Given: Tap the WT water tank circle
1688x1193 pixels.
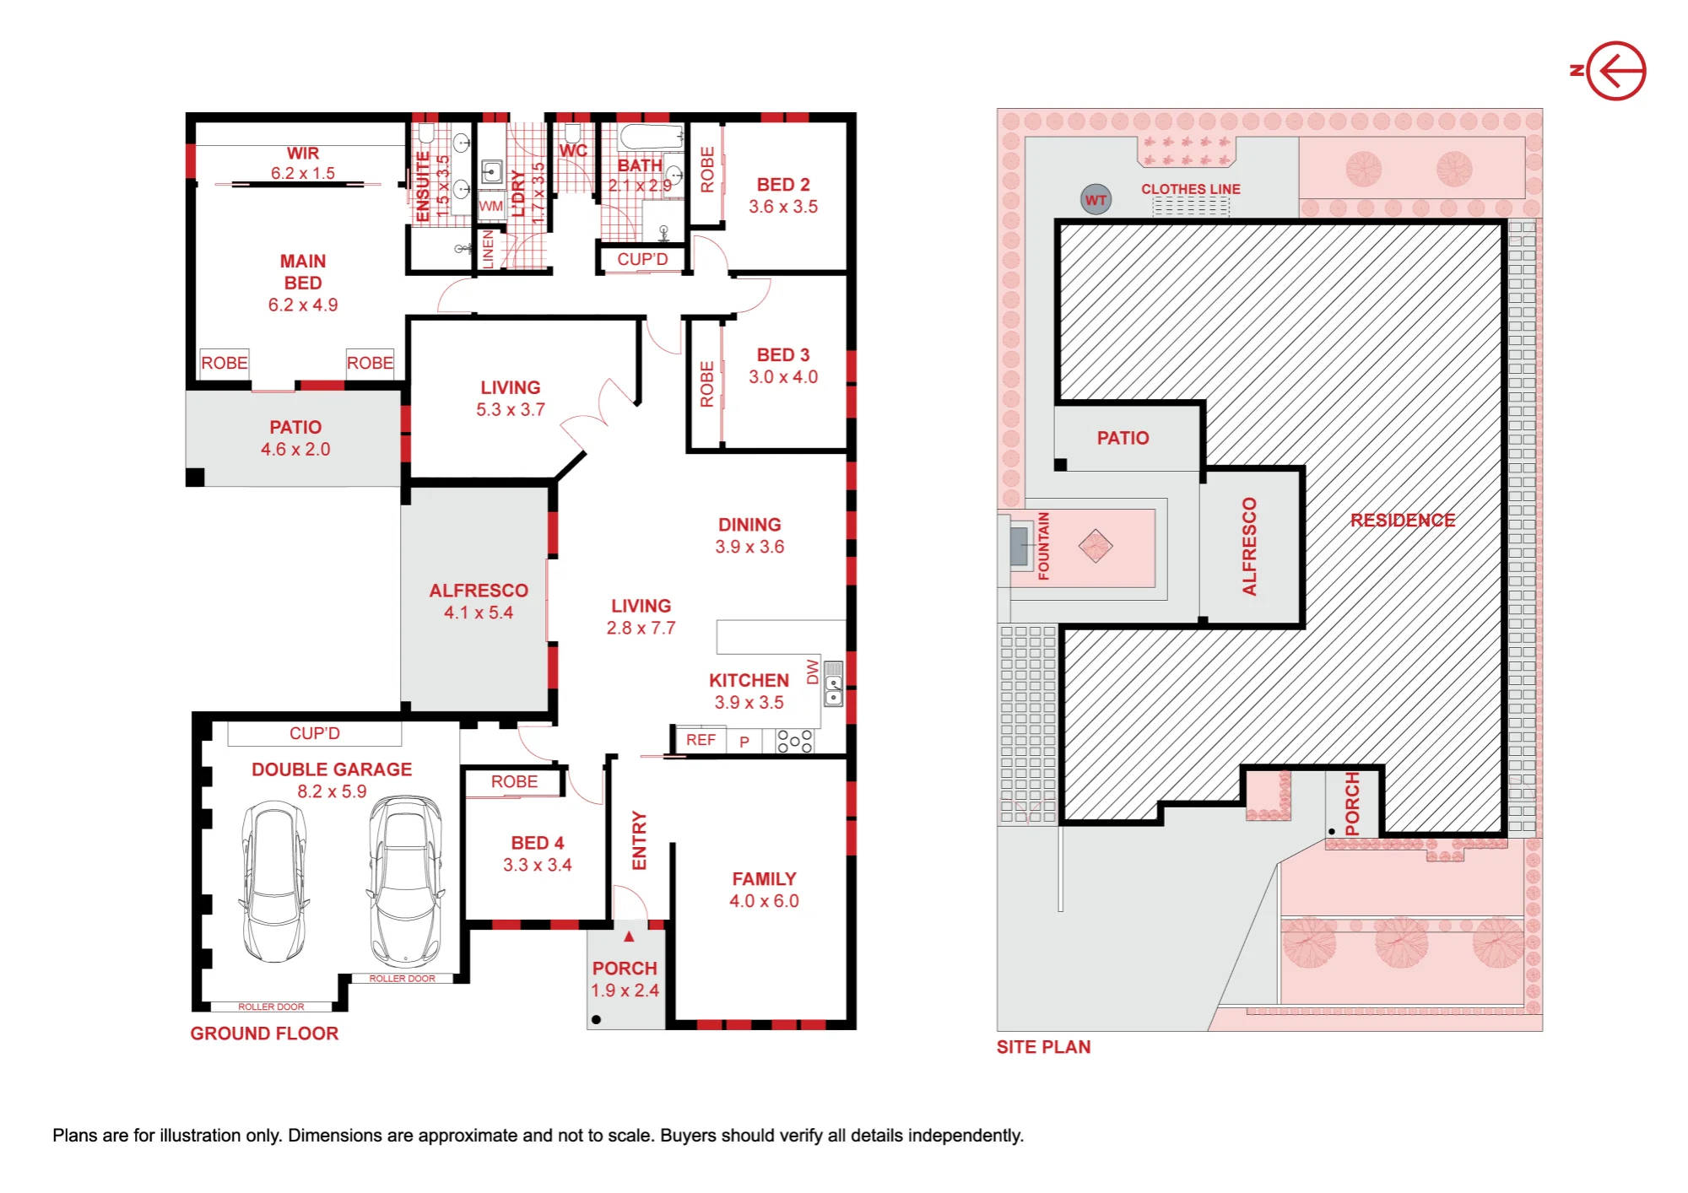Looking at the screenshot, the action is coord(1096,200).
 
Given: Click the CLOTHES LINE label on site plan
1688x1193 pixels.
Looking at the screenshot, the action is coord(1191,189).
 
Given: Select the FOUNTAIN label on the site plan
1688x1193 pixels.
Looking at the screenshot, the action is coord(1044,546).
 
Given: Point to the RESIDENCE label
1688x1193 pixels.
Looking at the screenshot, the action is coord(1403,520).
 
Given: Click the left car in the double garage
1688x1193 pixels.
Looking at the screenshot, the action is coord(273,882).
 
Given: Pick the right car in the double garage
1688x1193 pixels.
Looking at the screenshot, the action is coord(406,881).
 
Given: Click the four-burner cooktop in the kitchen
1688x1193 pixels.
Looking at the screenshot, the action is coord(795,741).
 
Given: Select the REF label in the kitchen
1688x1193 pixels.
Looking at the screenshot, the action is coord(701,740).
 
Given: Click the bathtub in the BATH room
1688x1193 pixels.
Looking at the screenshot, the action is coord(652,137).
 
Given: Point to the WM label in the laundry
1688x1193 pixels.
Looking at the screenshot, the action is coord(490,206).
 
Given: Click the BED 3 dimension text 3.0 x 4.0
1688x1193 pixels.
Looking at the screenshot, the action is coord(783,377).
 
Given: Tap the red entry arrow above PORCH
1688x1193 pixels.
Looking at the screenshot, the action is coord(629,937).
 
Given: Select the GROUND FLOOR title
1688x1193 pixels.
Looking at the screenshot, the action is coord(264,1034).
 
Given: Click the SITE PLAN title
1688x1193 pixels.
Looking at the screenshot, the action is coord(1043,1047).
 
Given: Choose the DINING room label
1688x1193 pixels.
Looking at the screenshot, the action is coord(749,525).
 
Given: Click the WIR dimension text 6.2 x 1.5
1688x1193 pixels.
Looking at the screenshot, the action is coord(303,173).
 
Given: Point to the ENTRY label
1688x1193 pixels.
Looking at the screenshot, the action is coord(639,840).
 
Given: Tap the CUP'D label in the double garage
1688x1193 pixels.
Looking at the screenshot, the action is coord(315,733).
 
